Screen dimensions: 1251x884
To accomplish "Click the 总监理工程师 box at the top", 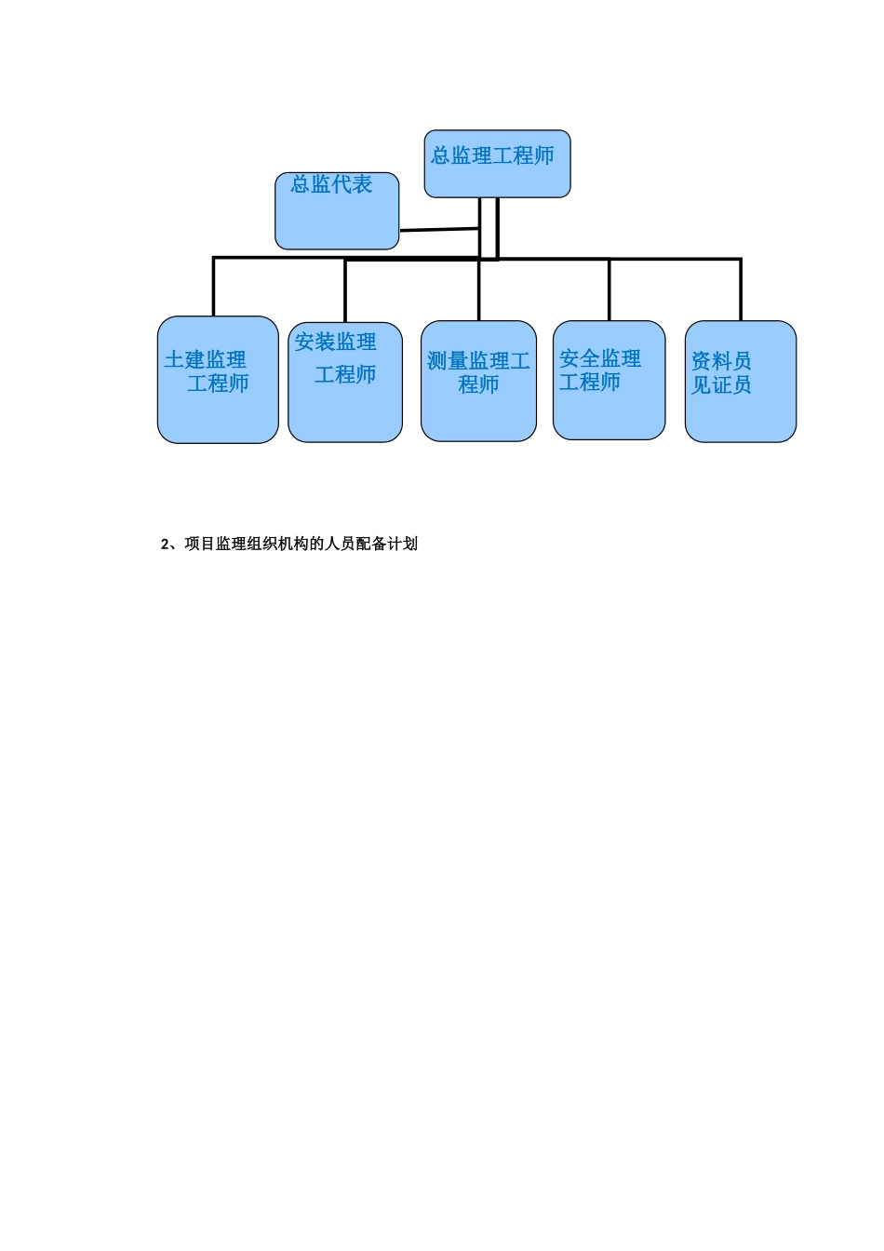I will tap(497, 165).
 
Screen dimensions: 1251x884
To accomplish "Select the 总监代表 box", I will tap(337, 211).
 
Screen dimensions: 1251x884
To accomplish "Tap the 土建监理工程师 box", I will tap(218, 380).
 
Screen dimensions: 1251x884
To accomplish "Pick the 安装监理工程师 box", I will tap(345, 383).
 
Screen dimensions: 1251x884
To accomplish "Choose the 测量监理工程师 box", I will tap(478, 381).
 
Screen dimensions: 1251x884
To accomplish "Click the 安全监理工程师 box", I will tap(609, 380).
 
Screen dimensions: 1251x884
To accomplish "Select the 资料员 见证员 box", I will tap(741, 382).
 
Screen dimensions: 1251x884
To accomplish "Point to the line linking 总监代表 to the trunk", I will tap(438, 230).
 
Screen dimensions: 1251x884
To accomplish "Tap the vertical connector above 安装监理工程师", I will tap(345, 290).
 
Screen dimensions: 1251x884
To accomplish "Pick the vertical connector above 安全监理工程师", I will tap(609, 289).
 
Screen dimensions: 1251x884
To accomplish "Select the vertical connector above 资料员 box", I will tap(741, 289).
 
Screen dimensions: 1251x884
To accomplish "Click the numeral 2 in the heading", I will tap(165, 545).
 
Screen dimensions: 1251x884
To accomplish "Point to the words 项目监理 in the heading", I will tap(216, 545).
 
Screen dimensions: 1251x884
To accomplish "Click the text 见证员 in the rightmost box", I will tap(721, 385).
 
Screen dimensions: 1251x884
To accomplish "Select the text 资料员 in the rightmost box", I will tap(721, 361).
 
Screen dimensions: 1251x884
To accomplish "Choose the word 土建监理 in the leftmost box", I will tap(206, 360).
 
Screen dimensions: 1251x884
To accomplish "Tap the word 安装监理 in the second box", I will tap(336, 343).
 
